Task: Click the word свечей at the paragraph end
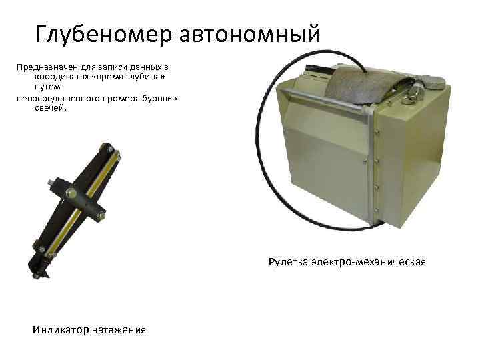click(49, 107)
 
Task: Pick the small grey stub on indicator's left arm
click(51, 181)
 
